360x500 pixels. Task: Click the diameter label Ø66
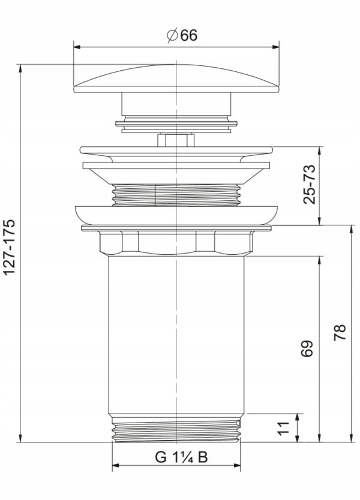[182, 35]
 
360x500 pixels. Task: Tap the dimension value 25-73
[309, 184]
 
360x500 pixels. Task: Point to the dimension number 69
[307, 348]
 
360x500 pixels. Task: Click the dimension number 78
[340, 333]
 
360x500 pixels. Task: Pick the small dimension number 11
[283, 428]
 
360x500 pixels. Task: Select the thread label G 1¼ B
[181, 457]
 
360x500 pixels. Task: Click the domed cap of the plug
[176, 79]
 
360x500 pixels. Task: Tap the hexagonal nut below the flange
[176, 243]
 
